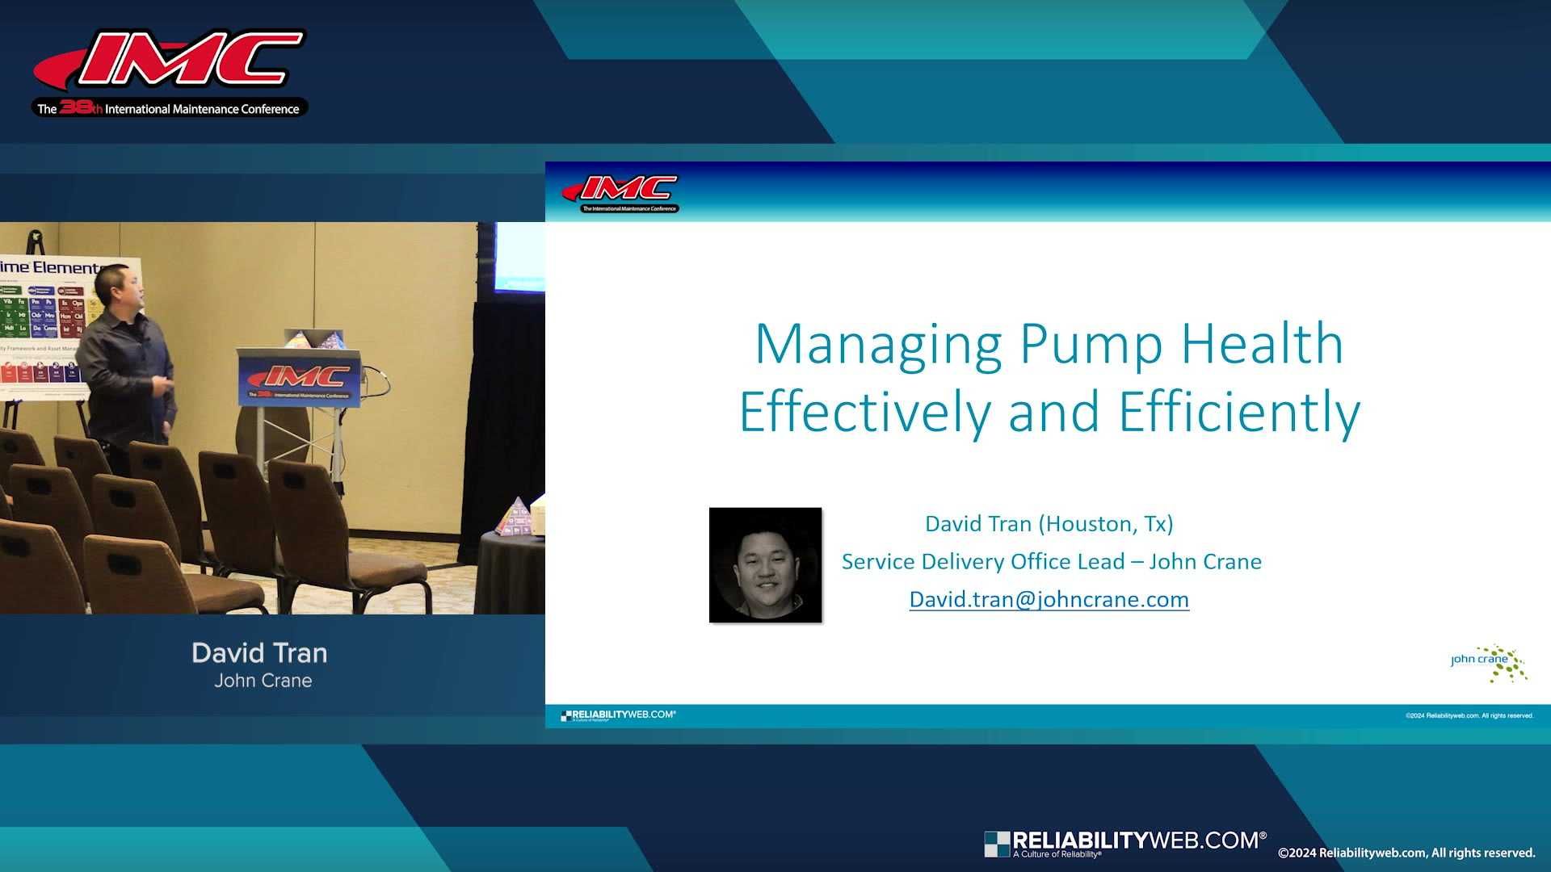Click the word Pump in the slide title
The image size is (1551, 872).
click(x=1091, y=345)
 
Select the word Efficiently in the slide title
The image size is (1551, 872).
click(x=1239, y=413)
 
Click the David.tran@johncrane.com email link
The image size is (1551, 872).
click(x=1049, y=599)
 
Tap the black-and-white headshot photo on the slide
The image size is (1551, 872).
click(x=765, y=564)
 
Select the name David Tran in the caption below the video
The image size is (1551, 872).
click(x=259, y=652)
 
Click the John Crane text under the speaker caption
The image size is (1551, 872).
click(x=263, y=681)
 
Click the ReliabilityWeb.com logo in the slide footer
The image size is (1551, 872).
click(x=618, y=715)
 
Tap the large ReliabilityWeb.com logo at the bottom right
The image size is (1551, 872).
click(x=1124, y=843)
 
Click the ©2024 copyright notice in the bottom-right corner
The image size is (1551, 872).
click(x=1406, y=853)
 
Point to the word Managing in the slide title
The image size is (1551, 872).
click(x=878, y=345)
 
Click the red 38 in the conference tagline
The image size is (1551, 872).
click(x=74, y=107)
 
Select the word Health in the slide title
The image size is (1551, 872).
click(x=1262, y=345)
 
